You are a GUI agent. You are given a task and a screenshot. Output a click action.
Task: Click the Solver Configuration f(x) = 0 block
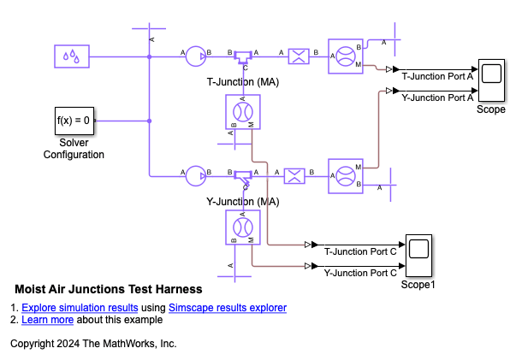coord(74,121)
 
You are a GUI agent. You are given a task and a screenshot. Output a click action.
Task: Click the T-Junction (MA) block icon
coord(241,57)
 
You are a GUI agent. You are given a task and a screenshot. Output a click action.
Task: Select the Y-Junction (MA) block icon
coord(241,177)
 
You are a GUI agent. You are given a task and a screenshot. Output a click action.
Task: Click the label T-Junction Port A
coord(437,75)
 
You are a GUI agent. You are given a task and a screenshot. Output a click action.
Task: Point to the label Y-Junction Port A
coord(437,97)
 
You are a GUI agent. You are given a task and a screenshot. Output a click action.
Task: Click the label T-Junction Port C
coord(360,251)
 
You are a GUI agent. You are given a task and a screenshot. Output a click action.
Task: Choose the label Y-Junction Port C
coord(360,274)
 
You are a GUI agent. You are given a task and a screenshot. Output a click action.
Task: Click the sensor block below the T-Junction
coord(242,111)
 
